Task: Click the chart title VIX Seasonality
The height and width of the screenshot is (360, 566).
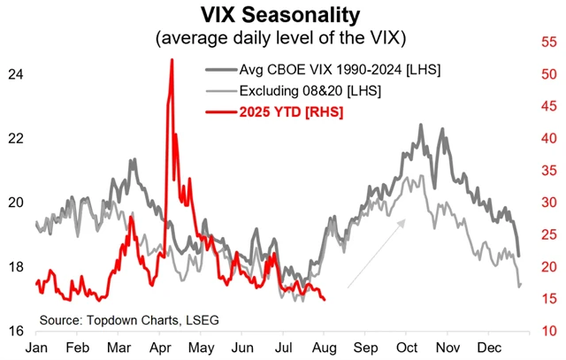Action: coord(281,15)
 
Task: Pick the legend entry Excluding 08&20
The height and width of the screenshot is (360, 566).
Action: coord(310,90)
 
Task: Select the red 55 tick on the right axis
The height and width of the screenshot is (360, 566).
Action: coord(549,42)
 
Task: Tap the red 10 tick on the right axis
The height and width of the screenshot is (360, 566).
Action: coord(549,331)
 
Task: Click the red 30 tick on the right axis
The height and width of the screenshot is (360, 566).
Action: coord(549,203)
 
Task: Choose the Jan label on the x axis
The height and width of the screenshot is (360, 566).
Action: coord(37,347)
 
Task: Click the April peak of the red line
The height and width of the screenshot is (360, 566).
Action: coord(171,60)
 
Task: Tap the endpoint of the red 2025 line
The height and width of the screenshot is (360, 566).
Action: coord(324,299)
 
